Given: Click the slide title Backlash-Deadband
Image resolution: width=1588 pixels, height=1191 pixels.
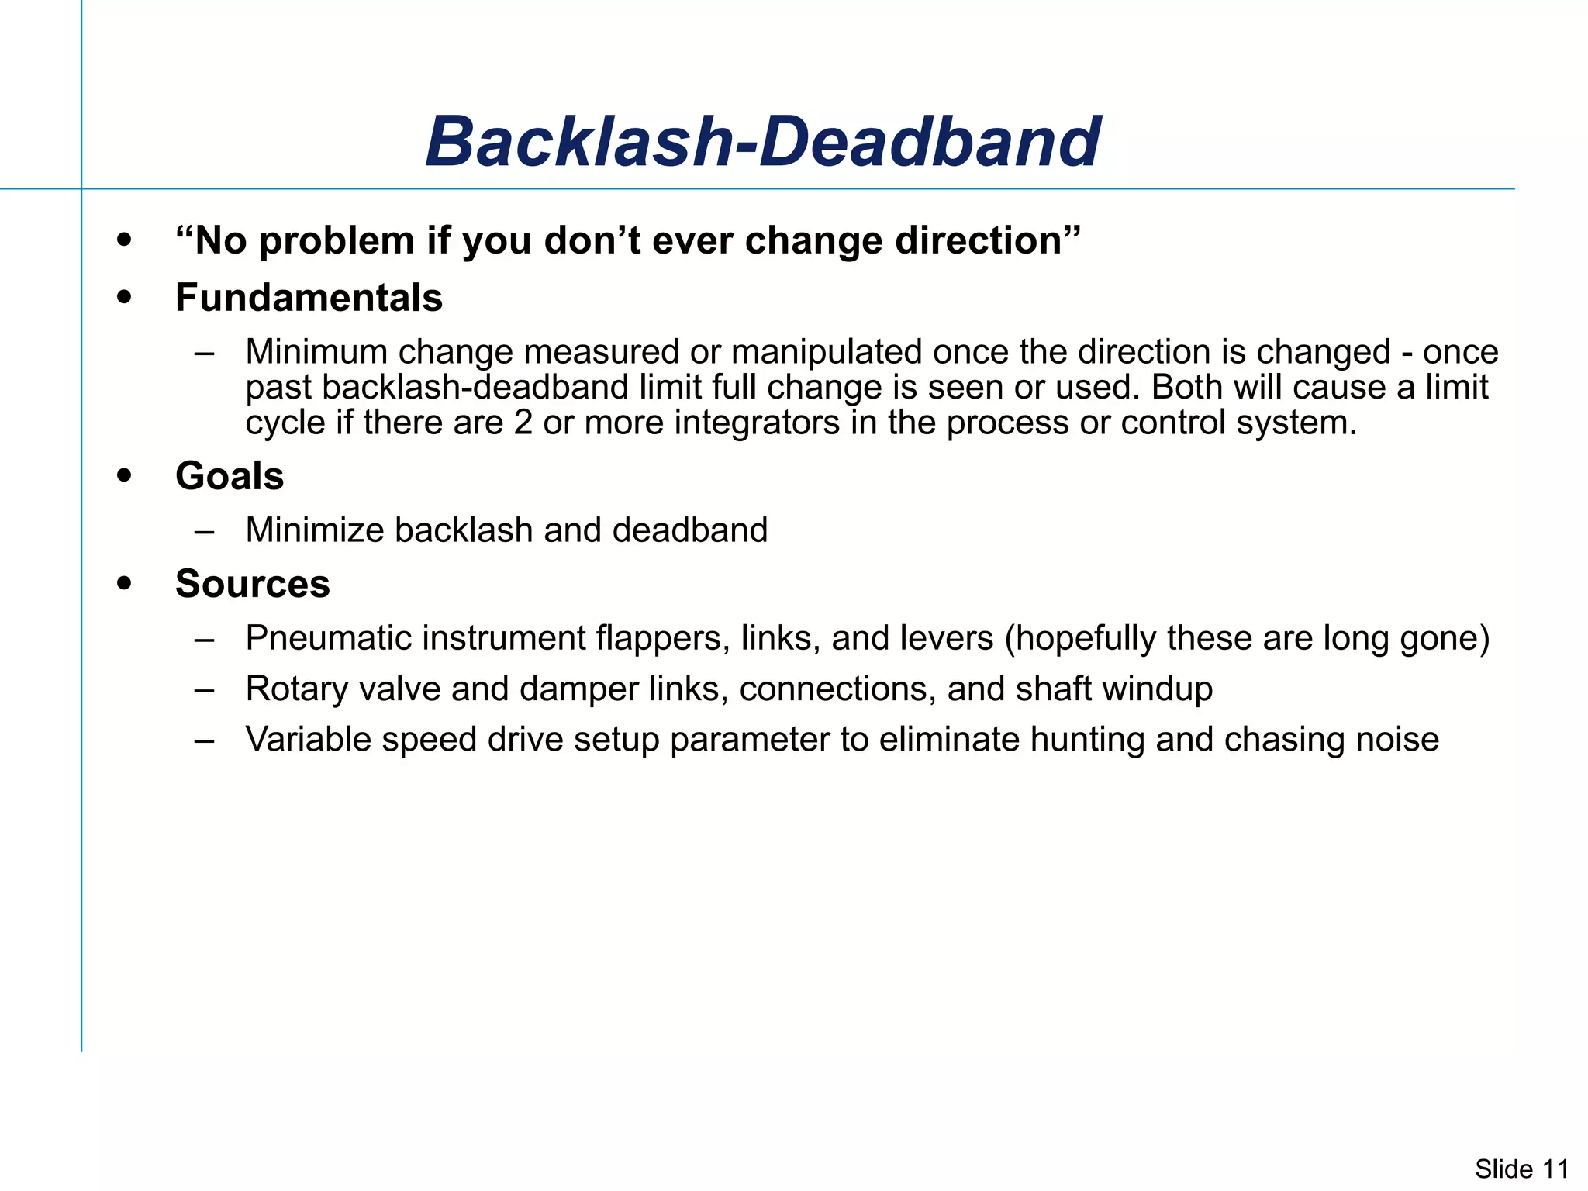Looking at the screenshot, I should [762, 142].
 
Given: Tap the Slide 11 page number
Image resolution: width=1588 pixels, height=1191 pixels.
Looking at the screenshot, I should [1521, 1169].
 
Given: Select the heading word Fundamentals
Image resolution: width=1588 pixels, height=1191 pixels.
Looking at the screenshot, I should [309, 298].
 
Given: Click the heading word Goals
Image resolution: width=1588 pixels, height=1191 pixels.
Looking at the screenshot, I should [230, 476].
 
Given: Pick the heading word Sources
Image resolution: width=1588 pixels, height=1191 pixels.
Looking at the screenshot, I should [252, 584].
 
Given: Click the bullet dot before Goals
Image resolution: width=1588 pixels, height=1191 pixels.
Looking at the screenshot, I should [124, 475].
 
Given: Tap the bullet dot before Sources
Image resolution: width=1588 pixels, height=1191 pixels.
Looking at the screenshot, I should [124, 583].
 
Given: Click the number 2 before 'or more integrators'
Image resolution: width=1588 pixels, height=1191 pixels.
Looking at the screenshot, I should [523, 423].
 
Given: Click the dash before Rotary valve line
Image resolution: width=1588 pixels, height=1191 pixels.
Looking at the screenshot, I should [205, 689].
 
